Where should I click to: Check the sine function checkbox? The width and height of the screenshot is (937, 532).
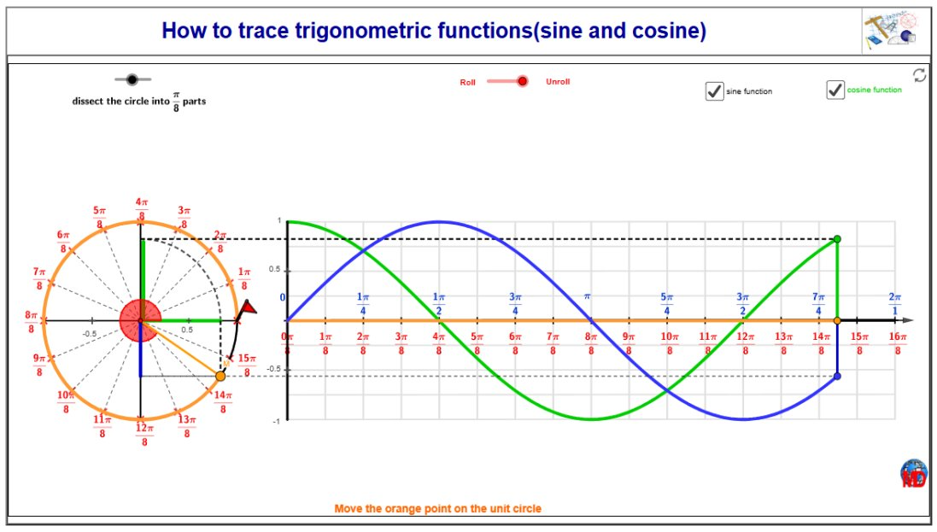[714, 91]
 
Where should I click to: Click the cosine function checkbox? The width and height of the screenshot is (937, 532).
[835, 90]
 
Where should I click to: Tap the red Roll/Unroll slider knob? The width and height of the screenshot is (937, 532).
[522, 81]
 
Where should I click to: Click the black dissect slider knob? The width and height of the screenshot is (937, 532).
[132, 79]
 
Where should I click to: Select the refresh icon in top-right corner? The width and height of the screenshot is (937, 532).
[919, 75]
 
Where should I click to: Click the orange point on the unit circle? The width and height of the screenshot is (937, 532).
[220, 376]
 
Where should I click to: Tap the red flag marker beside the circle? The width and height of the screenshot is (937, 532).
[247, 308]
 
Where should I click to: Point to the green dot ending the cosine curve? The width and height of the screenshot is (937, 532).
[837, 239]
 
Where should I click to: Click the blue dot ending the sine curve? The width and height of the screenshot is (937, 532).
[837, 376]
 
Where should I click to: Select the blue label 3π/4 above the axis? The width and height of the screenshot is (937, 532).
[515, 304]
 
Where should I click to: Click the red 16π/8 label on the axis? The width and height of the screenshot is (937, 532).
[898, 343]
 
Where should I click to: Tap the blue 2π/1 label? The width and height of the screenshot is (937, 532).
[894, 304]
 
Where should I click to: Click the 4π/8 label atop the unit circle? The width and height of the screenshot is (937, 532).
[142, 209]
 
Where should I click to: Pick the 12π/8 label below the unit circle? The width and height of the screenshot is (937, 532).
[144, 435]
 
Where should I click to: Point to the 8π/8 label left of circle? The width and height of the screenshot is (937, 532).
[31, 322]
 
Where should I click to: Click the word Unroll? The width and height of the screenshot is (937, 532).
[558, 81]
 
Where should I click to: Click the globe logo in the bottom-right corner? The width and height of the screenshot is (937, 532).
[914, 473]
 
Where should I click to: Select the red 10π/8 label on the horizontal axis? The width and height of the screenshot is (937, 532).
[670, 343]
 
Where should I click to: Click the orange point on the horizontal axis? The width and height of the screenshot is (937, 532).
[837, 321]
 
